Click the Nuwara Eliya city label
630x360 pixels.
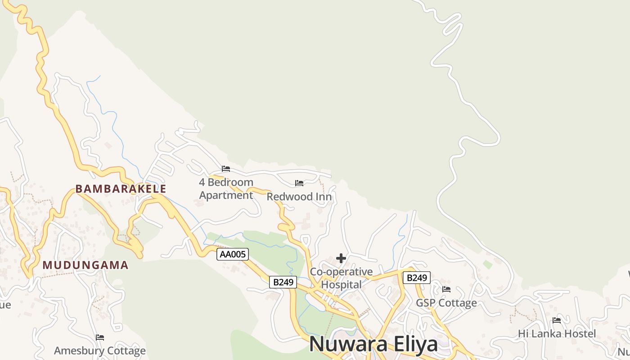point(373,344)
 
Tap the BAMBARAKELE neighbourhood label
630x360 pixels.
point(121,189)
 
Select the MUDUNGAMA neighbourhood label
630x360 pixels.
point(85,265)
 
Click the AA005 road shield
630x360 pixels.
point(233,254)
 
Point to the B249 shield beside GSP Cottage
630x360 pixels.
point(416,278)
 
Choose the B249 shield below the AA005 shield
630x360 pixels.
point(283,282)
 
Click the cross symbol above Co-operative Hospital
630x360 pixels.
point(341,258)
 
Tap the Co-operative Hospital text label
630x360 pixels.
point(341,278)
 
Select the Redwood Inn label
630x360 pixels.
point(299,197)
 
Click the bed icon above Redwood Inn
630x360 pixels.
point(299,183)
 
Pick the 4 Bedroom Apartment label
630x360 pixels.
point(226,189)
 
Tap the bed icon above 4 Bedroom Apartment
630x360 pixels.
point(226,169)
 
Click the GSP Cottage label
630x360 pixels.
point(446,303)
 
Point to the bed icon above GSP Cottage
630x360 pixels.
point(446,289)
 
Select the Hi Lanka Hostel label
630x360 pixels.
point(557,333)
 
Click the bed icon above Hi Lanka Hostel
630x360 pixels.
point(557,320)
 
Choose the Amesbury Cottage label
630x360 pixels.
point(100,351)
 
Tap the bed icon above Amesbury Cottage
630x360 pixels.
point(100,337)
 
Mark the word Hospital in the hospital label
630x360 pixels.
point(341,284)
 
